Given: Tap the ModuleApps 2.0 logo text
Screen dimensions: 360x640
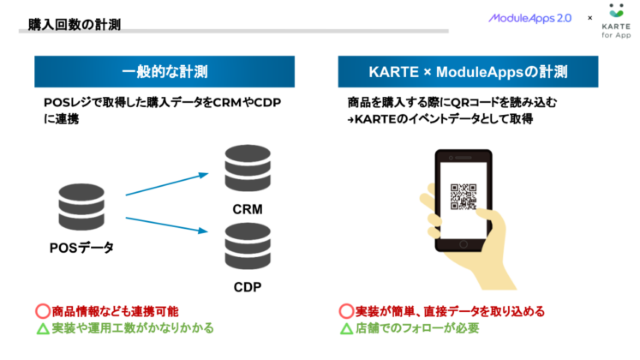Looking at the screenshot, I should click(x=529, y=17).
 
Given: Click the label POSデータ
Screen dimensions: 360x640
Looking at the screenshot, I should click(x=81, y=249).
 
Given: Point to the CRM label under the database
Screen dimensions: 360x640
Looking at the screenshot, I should click(x=247, y=209).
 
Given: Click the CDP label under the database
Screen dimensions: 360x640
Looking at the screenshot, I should click(x=247, y=285).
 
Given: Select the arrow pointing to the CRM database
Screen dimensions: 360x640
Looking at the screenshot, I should click(x=167, y=185).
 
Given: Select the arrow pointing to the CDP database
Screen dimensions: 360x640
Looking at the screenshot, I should click(x=167, y=225).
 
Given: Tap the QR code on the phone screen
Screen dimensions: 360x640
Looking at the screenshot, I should click(x=464, y=197).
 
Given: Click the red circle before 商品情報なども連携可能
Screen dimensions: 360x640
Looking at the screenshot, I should click(x=42, y=311).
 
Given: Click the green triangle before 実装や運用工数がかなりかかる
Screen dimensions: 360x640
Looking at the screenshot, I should click(x=42, y=328).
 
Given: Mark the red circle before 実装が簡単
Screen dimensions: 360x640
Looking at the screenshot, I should click(x=346, y=311).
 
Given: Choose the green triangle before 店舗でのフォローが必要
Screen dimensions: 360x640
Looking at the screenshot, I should click(x=346, y=328).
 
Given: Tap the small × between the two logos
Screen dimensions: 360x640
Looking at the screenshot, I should click(x=589, y=17).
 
